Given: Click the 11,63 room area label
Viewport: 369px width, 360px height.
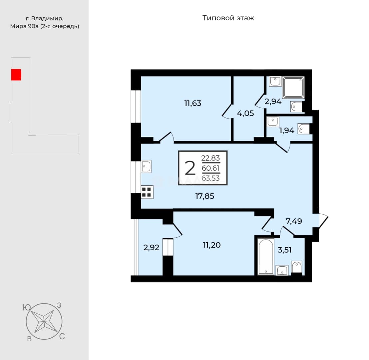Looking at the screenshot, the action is (x=193, y=103).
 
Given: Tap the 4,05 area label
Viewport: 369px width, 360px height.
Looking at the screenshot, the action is (x=245, y=113).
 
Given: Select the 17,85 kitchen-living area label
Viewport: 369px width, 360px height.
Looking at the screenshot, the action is (x=205, y=196).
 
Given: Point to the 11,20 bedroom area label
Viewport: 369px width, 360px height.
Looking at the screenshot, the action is (x=212, y=245).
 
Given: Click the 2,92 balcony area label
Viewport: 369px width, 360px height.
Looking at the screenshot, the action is (x=151, y=247).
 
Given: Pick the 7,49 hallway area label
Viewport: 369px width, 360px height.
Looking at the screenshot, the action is (x=294, y=221).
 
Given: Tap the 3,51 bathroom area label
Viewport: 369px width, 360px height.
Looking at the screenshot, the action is (x=284, y=250).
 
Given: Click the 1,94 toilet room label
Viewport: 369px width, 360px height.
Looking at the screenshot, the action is (x=287, y=130).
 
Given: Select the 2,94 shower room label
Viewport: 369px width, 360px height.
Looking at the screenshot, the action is (x=273, y=102).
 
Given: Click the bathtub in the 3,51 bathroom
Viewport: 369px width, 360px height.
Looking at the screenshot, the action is (x=266, y=257).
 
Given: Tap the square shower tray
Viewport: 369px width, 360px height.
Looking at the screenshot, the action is (x=293, y=87).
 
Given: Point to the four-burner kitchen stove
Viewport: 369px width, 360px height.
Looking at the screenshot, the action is (x=147, y=192).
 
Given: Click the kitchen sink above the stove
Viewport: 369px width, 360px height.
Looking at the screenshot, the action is (x=146, y=167).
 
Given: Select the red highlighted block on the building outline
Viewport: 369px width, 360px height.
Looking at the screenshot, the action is (x=16, y=75).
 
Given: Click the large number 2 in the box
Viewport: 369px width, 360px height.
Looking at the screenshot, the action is (x=190, y=168).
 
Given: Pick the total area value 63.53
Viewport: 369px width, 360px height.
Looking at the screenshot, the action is (x=210, y=178).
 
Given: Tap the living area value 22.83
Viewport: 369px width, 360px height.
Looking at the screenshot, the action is (x=210, y=158).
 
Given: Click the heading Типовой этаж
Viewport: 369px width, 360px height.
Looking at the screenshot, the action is (x=228, y=18).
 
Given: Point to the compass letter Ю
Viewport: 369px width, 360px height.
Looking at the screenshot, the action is (x=27, y=307).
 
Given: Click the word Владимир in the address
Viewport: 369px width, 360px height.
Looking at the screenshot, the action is (x=47, y=18).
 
